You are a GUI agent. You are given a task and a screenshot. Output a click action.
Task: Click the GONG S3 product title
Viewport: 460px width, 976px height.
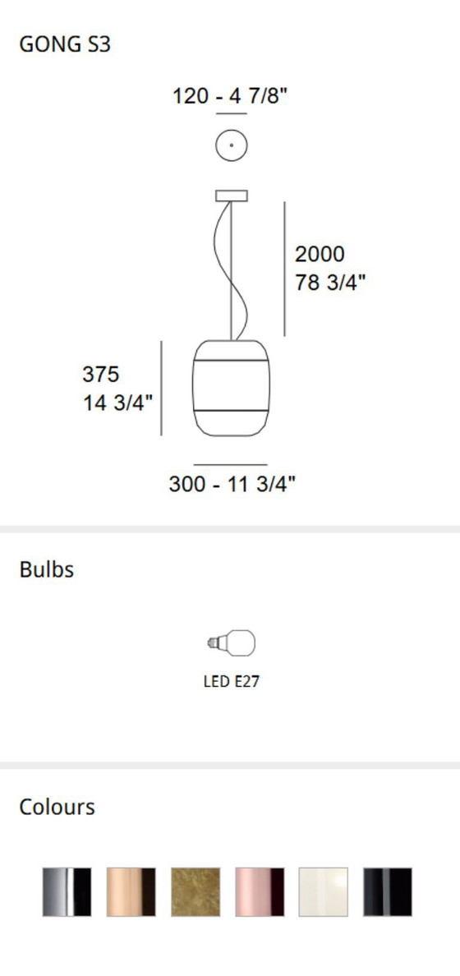65,45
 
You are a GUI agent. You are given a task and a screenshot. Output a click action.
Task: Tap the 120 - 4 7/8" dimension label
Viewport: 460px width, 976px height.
230,96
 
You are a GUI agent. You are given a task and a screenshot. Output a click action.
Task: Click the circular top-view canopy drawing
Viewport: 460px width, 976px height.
232,145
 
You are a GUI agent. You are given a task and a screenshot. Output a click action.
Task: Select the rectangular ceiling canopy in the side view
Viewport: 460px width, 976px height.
232,196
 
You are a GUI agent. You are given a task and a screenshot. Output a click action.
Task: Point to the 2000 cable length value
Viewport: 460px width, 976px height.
320,254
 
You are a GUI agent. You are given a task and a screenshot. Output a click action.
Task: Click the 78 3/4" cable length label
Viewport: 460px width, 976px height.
330,283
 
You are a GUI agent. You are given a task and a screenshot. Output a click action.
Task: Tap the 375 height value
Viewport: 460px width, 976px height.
101,374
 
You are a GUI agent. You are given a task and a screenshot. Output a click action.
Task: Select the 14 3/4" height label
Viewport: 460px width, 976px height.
118,403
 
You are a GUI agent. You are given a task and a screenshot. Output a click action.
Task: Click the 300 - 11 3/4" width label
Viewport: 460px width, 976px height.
232,484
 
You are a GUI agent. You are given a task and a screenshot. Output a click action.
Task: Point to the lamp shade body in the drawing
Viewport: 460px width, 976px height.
231,388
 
